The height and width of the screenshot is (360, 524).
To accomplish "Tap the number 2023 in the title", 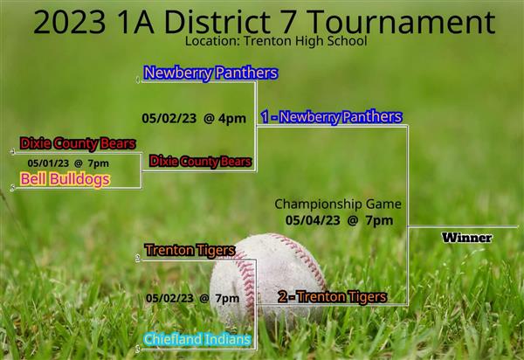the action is tap(70, 23).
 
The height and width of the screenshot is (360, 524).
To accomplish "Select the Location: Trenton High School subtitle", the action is tap(276, 41).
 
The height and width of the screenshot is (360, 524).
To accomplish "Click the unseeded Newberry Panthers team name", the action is tap(210, 73).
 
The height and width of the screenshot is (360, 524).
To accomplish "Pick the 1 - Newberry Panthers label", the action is tap(332, 117).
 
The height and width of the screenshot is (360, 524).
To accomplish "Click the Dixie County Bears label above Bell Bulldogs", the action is tap(78, 143).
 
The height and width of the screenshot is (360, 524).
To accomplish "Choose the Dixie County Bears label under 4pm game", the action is tap(200, 161).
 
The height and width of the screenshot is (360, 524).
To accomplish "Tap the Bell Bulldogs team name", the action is tap(65, 179).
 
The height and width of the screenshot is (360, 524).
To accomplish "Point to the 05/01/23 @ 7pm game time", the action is tap(68, 163).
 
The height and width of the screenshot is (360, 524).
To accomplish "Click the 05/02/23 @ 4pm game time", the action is tap(194, 118).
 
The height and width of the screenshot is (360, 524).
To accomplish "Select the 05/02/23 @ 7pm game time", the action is tap(192, 298).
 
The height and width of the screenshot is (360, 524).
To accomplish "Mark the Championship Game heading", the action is tap(338, 204).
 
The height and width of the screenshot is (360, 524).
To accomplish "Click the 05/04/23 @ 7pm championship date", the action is tap(339, 220).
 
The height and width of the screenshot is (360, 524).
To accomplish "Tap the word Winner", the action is tap(466, 238).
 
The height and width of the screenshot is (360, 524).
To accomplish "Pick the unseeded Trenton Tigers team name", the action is tap(190, 251).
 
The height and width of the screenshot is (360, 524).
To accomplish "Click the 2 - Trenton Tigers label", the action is tap(332, 297).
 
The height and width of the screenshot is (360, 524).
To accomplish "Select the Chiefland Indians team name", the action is tap(197, 339).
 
